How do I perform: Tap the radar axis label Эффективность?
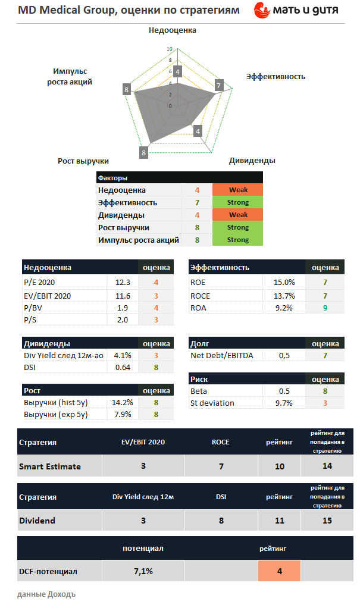(276, 76)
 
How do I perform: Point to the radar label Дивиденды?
(252, 161)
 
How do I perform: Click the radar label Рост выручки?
(83, 161)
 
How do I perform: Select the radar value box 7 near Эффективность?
(218, 86)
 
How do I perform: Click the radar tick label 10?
(170, 49)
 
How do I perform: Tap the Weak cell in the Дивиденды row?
(237, 215)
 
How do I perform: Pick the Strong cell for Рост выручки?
(237, 227)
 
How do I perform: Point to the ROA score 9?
(325, 308)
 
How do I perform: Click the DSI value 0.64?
(123, 367)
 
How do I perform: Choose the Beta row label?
(199, 391)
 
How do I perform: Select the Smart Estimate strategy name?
(49, 466)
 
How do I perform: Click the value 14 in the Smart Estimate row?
(327, 466)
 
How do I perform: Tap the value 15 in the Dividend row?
(327, 521)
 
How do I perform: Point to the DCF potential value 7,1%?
(143, 571)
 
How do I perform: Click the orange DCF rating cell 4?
(279, 571)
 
